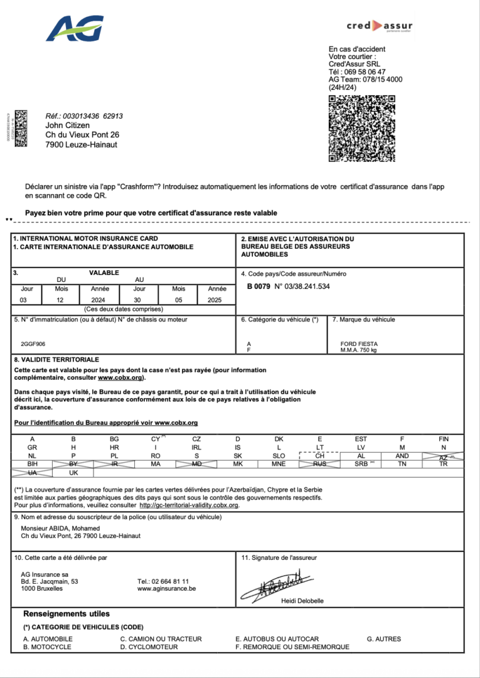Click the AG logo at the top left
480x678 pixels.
pyautogui.click(x=75, y=29)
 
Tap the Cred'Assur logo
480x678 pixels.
pyautogui.click(x=380, y=26)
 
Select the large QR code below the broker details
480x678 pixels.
pyautogui.click(x=362, y=128)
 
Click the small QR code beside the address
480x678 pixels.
pyautogui.click(x=21, y=128)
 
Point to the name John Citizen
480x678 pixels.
pyautogui.click(x=68, y=126)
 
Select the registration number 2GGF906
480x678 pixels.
pyautogui.click(x=33, y=344)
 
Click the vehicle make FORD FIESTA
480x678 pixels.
pyautogui.click(x=359, y=344)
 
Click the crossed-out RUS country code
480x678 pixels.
pyautogui.click(x=320, y=464)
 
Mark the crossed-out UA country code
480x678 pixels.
pyautogui.click(x=32, y=473)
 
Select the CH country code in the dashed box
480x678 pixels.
pyautogui.click(x=320, y=456)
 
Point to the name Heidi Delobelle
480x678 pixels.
pyautogui.click(x=302, y=601)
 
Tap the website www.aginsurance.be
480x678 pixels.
pyautogui.click(x=166, y=589)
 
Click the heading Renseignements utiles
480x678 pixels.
pyautogui.click(x=67, y=613)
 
